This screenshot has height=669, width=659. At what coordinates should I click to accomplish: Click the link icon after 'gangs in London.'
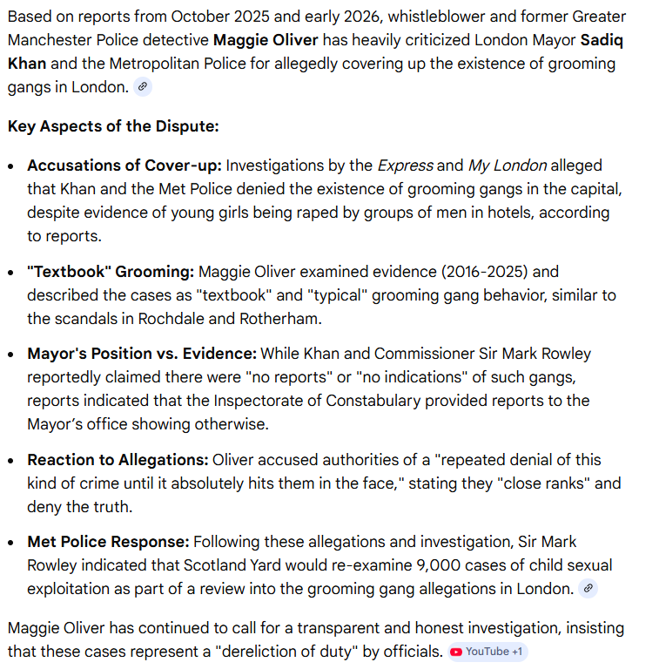pos(144,86)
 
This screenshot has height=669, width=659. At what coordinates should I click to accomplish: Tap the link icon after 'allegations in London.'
pos(588,589)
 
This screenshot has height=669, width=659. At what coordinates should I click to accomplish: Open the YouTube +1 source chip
pos(488,652)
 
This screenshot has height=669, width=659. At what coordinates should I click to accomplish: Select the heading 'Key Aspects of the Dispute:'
pos(113,126)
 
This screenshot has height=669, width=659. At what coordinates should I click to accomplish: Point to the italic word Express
pos(405,166)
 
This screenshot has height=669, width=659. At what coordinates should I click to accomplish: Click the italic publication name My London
pos(508,166)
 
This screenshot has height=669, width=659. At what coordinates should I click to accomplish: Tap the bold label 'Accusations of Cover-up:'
pos(124,166)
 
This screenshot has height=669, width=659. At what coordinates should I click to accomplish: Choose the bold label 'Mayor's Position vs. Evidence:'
pos(142,354)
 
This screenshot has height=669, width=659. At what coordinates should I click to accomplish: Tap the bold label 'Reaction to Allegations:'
pos(118,460)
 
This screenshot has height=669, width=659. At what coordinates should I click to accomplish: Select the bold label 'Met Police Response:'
pos(108,542)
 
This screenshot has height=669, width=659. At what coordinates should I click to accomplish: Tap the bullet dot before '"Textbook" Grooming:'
pos(11,272)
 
